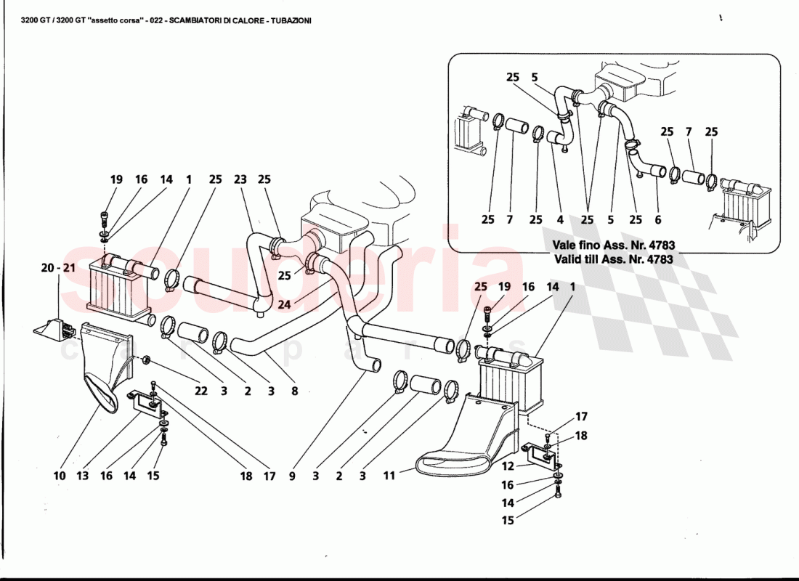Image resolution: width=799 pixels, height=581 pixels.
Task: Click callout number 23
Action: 240,179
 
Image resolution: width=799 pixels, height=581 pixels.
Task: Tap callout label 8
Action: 294,391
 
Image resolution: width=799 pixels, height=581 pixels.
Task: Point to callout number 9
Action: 292,476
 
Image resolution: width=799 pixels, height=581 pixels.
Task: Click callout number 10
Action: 60,476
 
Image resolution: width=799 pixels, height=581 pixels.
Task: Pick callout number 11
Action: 389,476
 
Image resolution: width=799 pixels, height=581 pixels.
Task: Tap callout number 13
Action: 83,476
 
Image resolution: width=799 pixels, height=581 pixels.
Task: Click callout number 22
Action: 200,391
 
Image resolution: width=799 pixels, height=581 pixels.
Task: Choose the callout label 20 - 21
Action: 58,268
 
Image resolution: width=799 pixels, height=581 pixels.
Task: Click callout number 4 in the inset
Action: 559,219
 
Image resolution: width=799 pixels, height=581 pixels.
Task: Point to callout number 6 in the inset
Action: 657,219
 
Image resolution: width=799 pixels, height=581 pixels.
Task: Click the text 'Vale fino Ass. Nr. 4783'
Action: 612,246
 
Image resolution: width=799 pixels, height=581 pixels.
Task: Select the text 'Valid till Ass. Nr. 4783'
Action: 612,259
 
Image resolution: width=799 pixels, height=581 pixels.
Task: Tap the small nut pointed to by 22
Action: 146,359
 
